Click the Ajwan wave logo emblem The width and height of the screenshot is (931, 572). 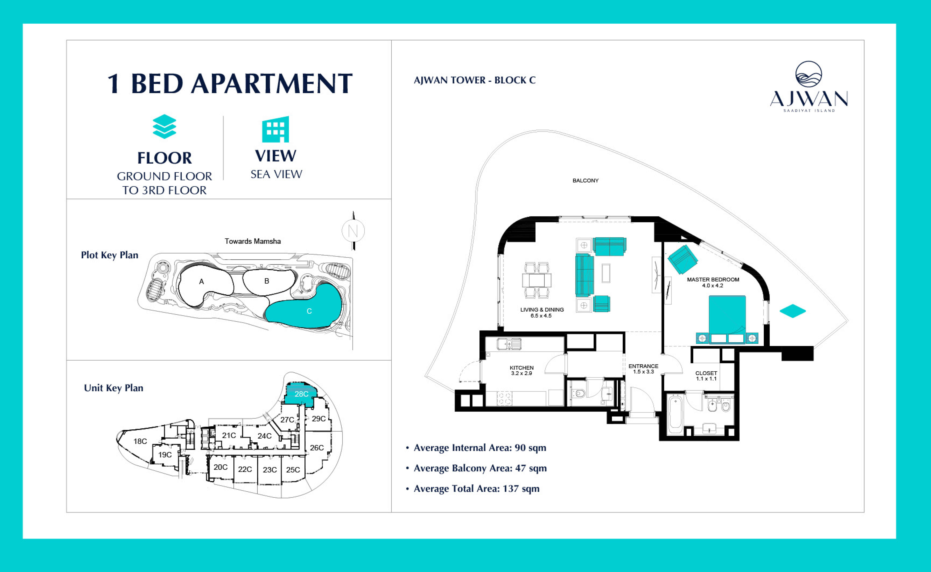click(x=808, y=74)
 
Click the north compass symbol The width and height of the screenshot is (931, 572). click(x=353, y=231)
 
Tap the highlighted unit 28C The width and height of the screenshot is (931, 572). click(x=301, y=394)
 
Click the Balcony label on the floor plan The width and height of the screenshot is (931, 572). click(x=585, y=180)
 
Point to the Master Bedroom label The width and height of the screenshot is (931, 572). click(x=713, y=280)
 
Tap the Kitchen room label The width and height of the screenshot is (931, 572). click(x=522, y=368)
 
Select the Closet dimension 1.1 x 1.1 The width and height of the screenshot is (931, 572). click(x=706, y=379)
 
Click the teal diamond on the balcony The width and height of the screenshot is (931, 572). click(x=792, y=311)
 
